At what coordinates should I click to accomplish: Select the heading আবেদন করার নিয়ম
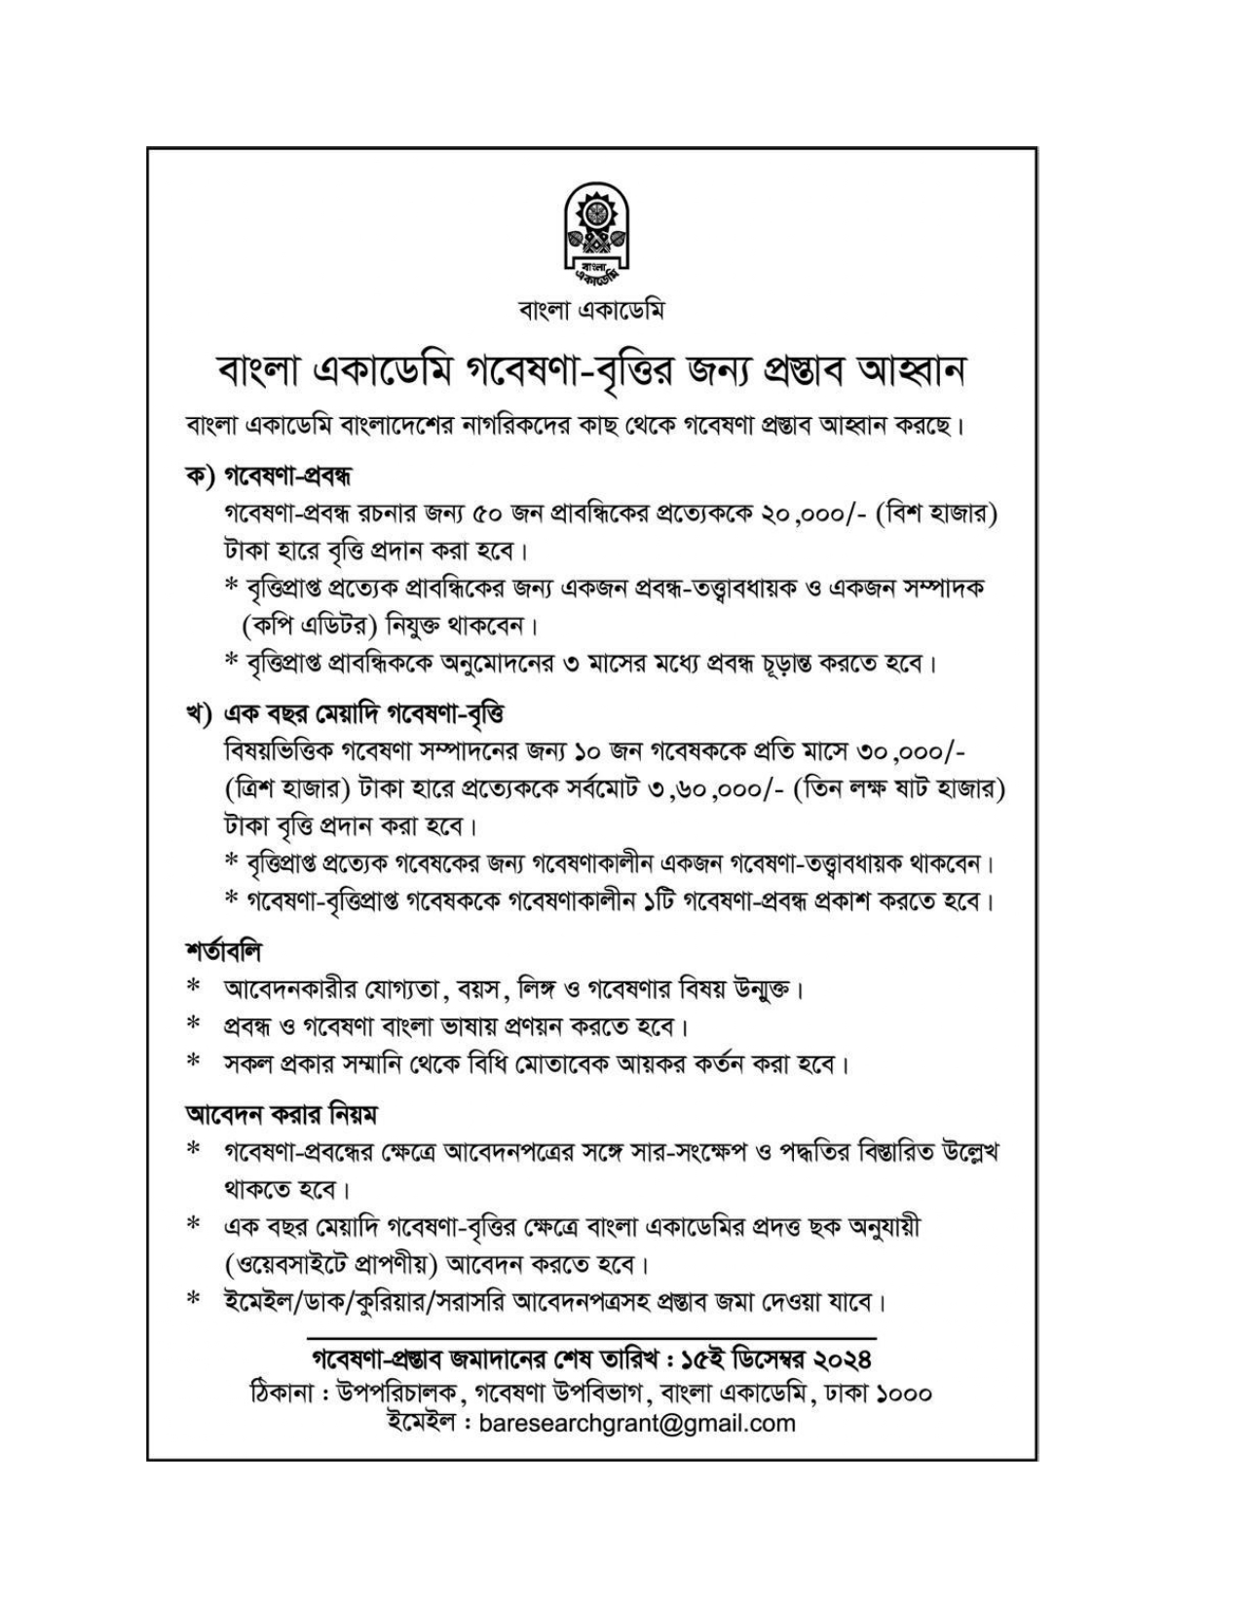282,1112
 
